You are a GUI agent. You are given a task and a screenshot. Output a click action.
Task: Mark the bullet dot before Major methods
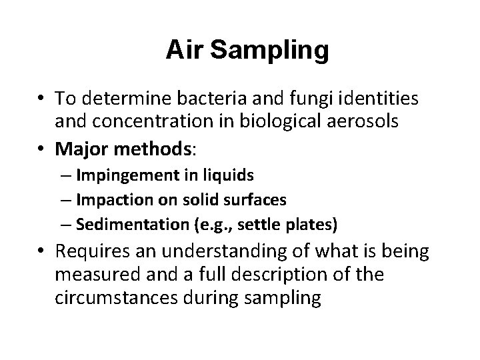[42, 145]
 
